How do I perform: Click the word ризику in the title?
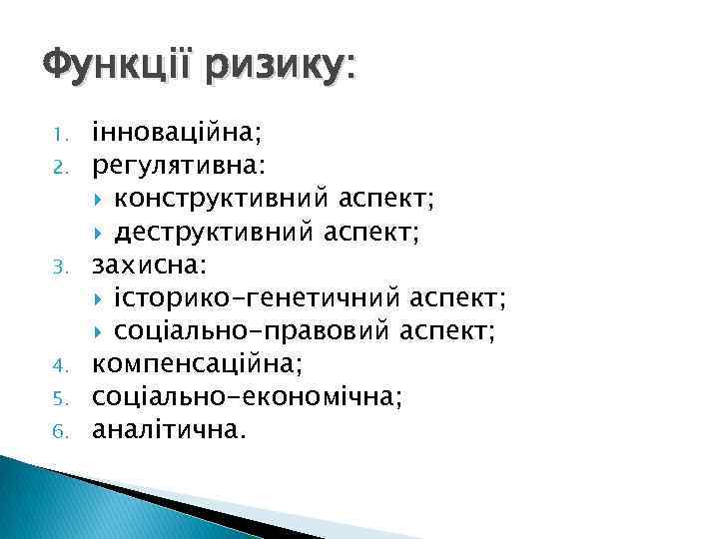(x=281, y=70)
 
